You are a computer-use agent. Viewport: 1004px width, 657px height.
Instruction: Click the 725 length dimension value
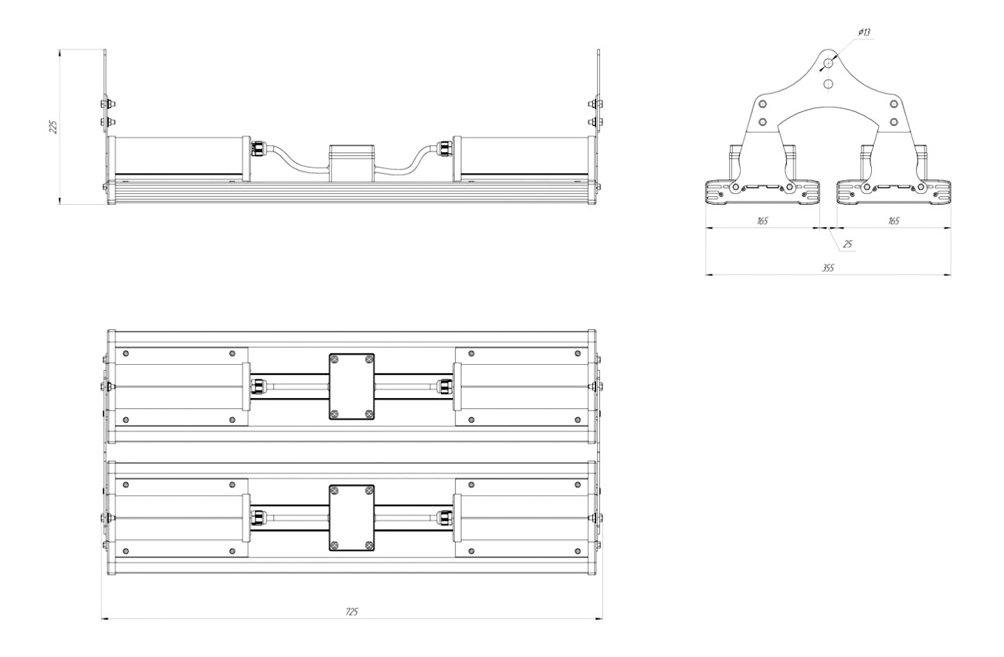tap(352, 611)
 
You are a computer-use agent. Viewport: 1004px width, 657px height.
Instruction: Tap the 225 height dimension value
tap(53, 127)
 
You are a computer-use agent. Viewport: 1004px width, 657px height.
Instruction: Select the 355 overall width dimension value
tap(828, 267)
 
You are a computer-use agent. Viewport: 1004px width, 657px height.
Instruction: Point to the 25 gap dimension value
tap(847, 244)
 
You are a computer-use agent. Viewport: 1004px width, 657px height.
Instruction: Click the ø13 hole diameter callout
tap(864, 32)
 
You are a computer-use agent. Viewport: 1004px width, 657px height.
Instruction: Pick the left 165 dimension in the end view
tap(762, 220)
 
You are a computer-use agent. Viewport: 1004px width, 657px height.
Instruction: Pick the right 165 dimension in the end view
tap(894, 220)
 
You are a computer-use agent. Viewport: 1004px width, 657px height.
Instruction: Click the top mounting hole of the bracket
tap(828, 63)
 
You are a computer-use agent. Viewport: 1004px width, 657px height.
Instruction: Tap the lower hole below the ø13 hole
tap(828, 83)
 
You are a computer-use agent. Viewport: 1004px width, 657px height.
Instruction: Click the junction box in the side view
tap(352, 163)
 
